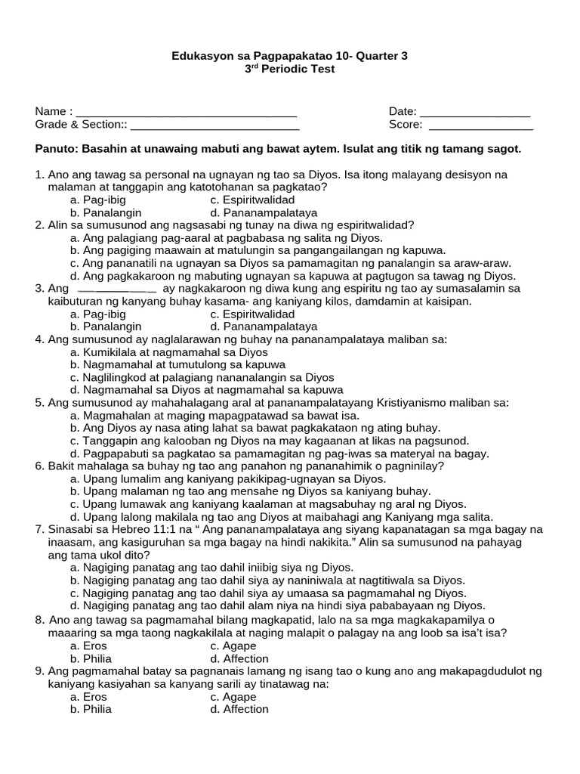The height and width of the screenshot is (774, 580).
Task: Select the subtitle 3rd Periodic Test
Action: point(289,69)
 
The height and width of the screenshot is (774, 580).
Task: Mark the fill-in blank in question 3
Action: point(117,289)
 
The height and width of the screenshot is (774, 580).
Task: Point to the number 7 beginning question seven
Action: point(39,529)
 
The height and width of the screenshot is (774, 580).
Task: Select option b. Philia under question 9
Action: point(91,709)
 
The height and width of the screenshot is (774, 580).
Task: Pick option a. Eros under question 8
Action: point(88,646)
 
